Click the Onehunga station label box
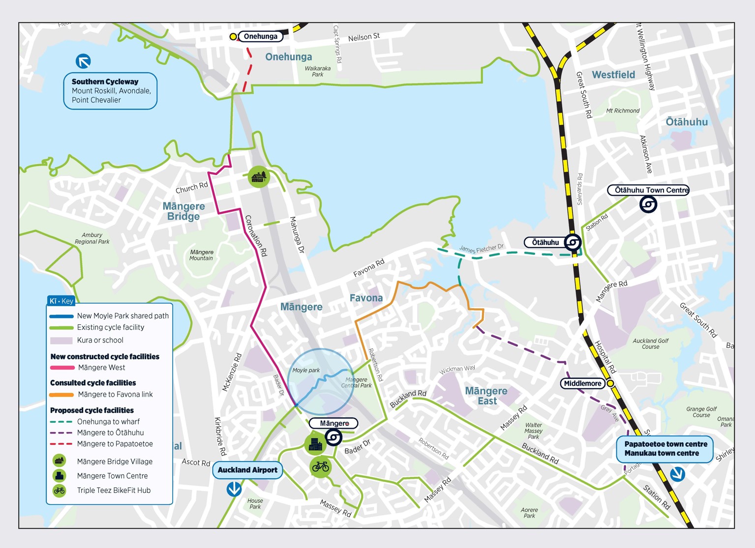(x=261, y=36)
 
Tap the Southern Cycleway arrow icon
(x=83, y=61)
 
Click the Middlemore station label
(x=582, y=383)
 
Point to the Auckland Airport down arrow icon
(x=234, y=489)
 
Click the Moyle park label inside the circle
(x=306, y=370)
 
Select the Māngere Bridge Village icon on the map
(x=259, y=176)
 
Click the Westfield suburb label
(x=613, y=75)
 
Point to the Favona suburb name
(x=366, y=298)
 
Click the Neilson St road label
(x=364, y=37)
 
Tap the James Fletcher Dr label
(x=481, y=249)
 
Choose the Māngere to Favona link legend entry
(x=115, y=394)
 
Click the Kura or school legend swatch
(x=61, y=340)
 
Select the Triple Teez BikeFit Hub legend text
(x=114, y=490)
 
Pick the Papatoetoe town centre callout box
(x=665, y=449)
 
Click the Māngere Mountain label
(x=201, y=255)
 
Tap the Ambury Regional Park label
(x=92, y=238)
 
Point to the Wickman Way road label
(x=457, y=369)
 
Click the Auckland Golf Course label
(x=650, y=344)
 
